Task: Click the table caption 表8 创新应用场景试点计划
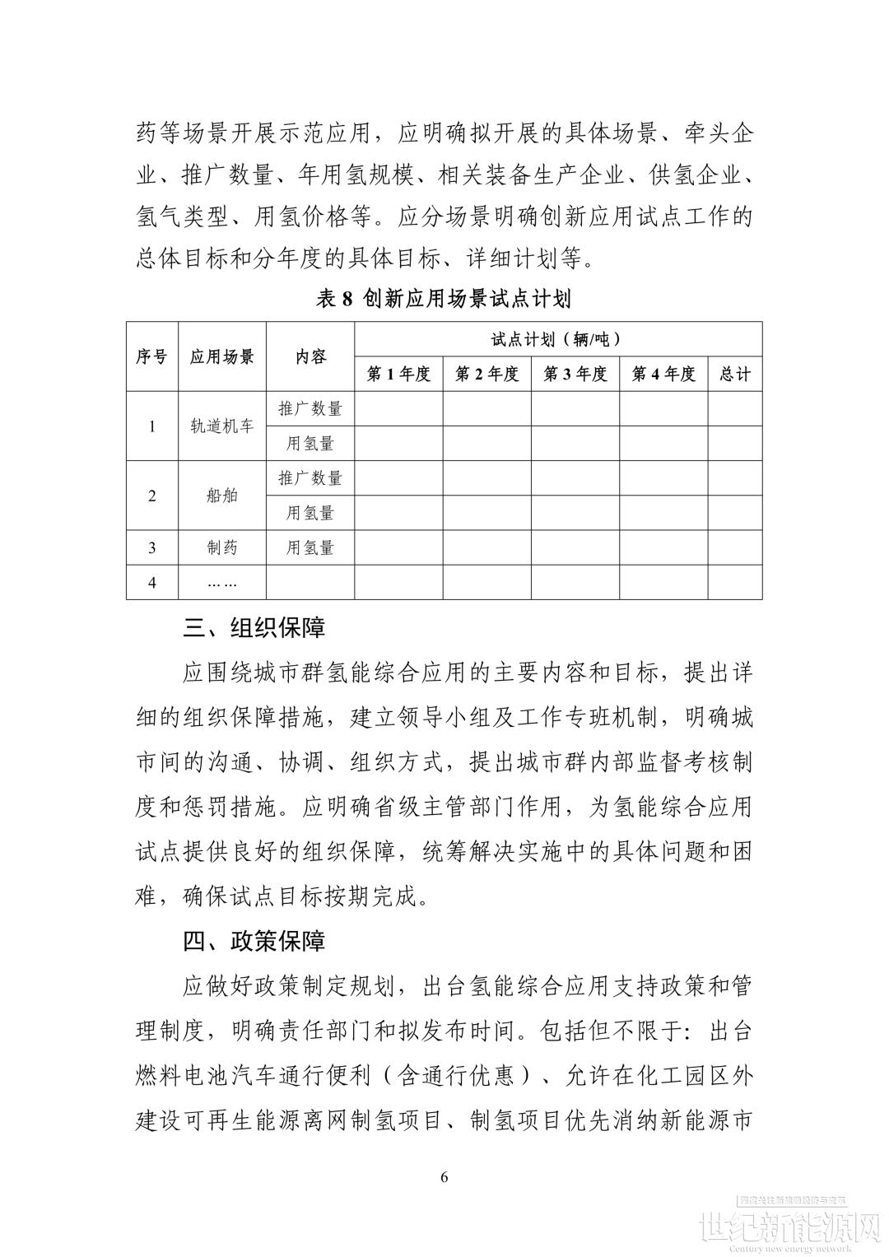tap(444, 298)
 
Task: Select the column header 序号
tap(151, 356)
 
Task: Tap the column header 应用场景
tap(222, 356)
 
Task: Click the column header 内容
tap(310, 356)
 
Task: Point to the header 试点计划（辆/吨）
tap(557, 339)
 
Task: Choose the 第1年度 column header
tap(398, 374)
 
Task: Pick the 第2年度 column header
tap(486, 374)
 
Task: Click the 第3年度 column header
tap(575, 374)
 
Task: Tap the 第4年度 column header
tap(663, 374)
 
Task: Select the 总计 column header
tap(734, 374)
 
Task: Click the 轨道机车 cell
tap(222, 426)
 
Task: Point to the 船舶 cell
tap(222, 496)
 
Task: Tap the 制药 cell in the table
tap(222, 547)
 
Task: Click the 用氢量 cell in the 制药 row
tap(310, 547)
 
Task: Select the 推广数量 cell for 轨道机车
tap(310, 408)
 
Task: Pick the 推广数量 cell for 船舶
tap(310, 477)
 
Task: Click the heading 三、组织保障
tap(254, 628)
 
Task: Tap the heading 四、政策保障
tap(254, 941)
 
